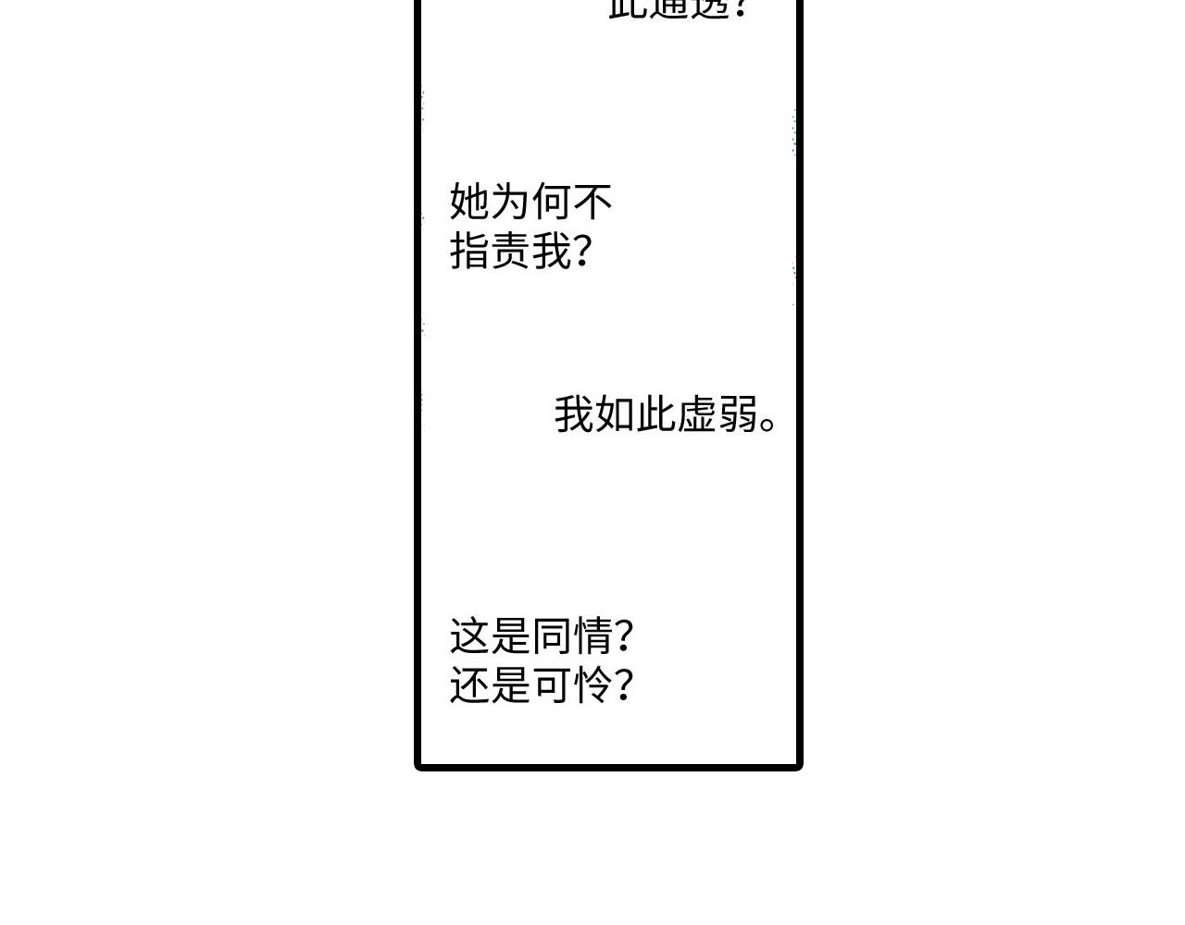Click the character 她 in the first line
click(x=469, y=201)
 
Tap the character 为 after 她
click(x=510, y=201)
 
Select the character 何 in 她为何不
click(x=552, y=201)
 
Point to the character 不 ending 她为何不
click(x=592, y=201)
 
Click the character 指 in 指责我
click(x=469, y=251)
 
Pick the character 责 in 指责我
click(x=510, y=251)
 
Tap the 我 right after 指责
click(x=552, y=251)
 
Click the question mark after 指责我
click(x=583, y=251)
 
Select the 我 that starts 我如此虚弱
click(x=574, y=414)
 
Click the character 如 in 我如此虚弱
click(x=615, y=414)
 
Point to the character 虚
click(x=696, y=414)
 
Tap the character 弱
click(x=737, y=414)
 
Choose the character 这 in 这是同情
click(x=469, y=636)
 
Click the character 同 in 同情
click(x=552, y=636)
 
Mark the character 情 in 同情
click(x=592, y=636)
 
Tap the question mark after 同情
click(x=624, y=636)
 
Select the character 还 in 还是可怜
click(x=469, y=686)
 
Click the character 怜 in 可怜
click(x=592, y=686)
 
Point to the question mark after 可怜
click(x=624, y=686)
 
